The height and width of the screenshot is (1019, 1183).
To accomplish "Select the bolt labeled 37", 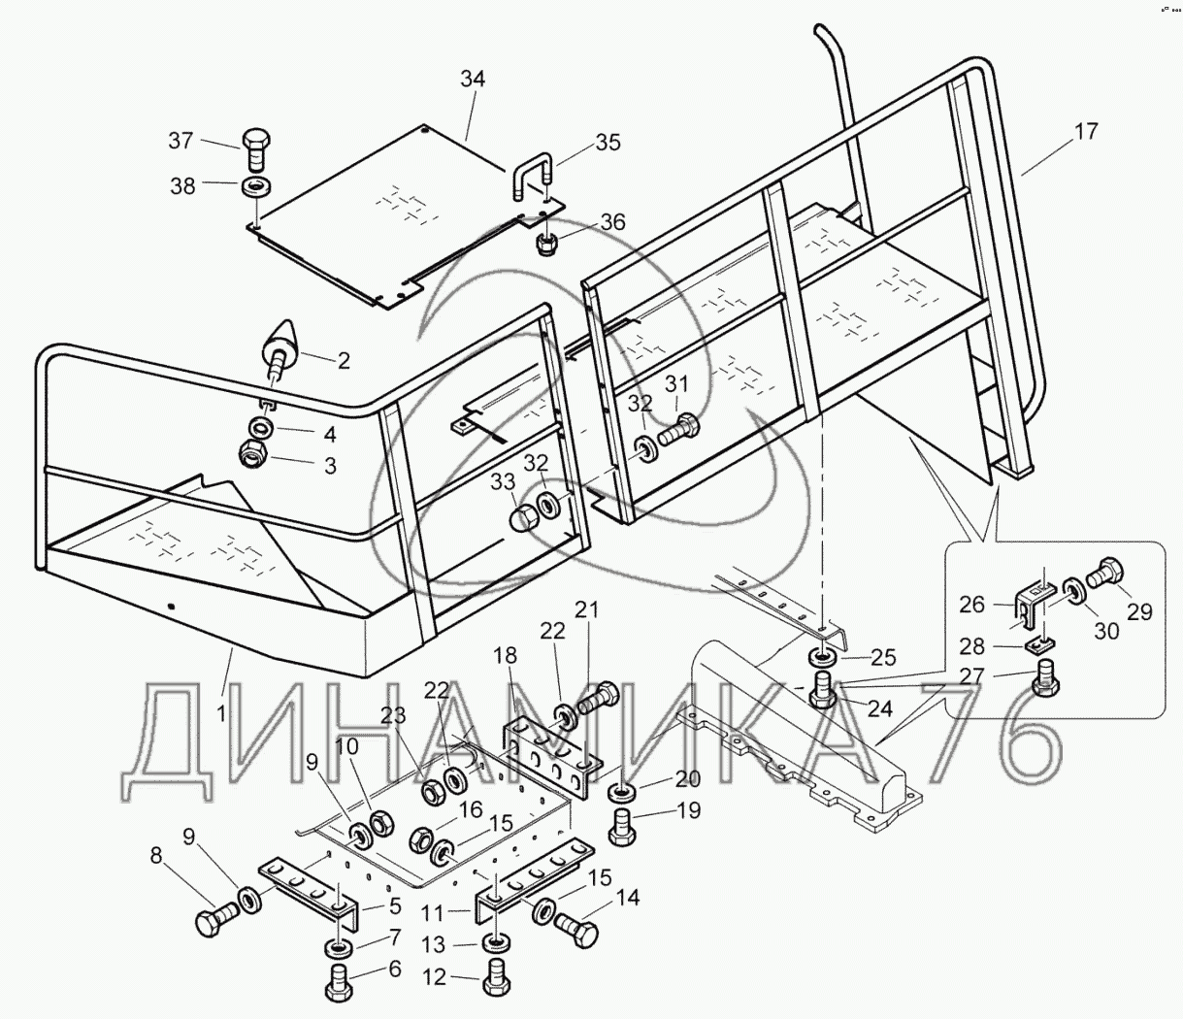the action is coord(257,149).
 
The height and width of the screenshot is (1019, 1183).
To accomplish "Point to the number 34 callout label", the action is coord(473,80).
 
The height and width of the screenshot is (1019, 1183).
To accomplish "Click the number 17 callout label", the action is coord(1086,132).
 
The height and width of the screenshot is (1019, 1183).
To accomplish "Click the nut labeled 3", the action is coord(253,454).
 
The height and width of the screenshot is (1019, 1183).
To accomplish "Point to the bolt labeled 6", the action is coord(340,980).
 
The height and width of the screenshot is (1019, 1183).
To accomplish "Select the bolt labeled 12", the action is coord(496,978).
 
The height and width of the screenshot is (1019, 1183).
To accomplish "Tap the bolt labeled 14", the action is coord(575,928).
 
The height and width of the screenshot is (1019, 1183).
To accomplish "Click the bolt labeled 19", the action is coord(622,826).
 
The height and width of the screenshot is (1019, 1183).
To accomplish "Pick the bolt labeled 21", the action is coord(599,700).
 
